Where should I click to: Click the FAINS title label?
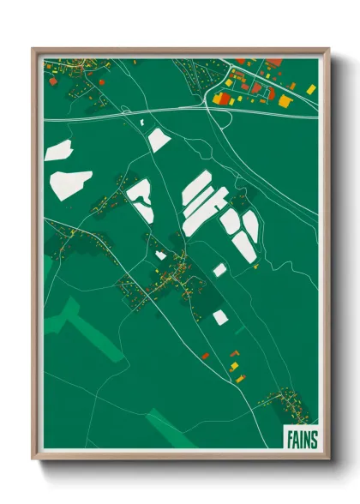pos(300,439)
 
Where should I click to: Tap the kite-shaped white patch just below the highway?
pos(159,139)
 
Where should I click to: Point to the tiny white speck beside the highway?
pos(141,123)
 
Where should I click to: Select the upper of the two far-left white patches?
pos(58,151)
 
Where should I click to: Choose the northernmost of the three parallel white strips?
pos(196,188)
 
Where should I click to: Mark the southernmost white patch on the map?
pos(220,317)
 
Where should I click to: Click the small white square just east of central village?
pos(219,270)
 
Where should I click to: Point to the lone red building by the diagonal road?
pos(205,355)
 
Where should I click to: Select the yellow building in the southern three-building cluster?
pos(234,366)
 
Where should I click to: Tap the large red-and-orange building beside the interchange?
pos(221,99)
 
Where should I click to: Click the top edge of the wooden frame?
pos(180,50)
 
